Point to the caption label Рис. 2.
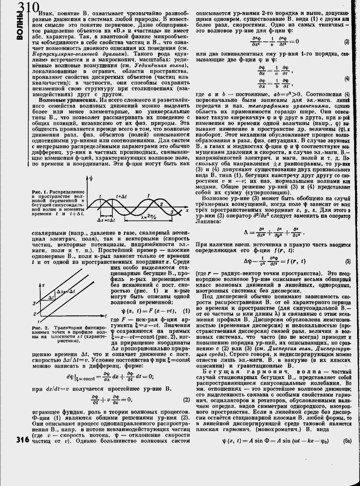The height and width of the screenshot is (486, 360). tap(39, 328)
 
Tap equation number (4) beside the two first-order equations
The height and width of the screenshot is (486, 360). tap(346, 78)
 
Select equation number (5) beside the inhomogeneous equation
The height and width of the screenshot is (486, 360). tap(346, 261)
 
